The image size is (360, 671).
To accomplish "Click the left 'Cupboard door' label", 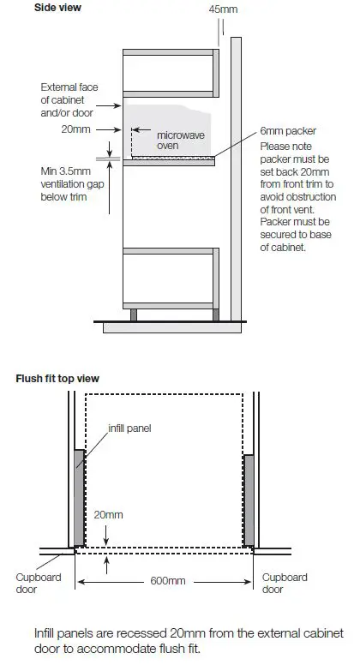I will point(39,583).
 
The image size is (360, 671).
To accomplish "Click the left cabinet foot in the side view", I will point(134,314).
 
